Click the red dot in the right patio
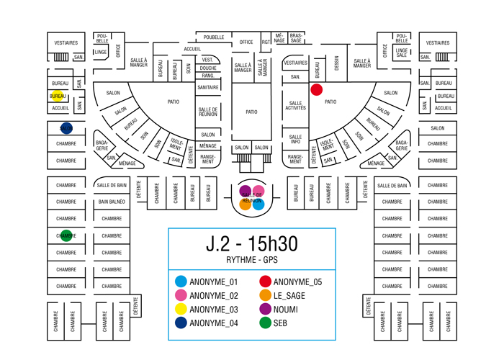tap(316, 90)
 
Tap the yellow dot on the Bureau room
tap(58, 96)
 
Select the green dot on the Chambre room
tap(66, 235)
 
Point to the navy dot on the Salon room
tap(66, 128)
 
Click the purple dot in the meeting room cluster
tap(246, 191)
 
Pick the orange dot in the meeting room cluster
tap(246, 204)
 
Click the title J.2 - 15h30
tap(251, 244)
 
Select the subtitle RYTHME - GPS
tap(251, 260)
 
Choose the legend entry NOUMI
tap(286, 310)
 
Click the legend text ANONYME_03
tap(213, 310)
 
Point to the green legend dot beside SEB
tap(265, 323)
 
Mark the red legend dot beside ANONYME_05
tap(265, 282)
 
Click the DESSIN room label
tap(336, 68)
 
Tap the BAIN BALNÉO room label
tap(112, 202)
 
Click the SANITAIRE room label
tap(208, 87)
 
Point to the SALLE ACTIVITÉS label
tap(295, 106)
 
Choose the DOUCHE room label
tap(208, 68)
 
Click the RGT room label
tap(266, 42)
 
